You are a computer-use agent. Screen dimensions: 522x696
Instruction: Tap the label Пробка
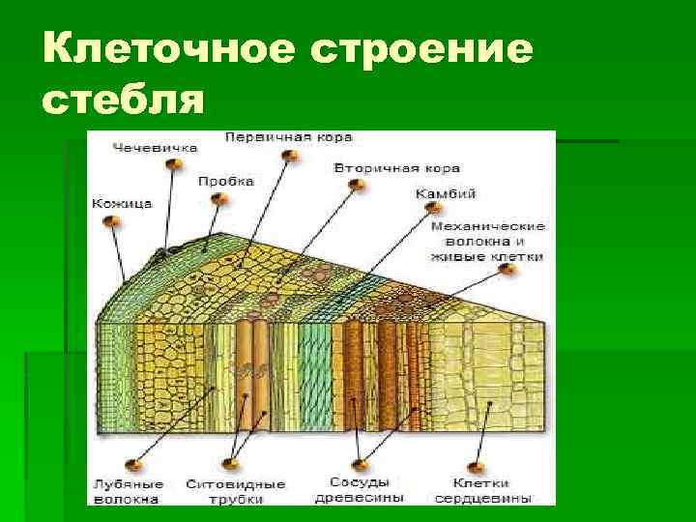226,181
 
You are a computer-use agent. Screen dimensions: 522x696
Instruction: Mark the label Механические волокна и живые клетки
487,242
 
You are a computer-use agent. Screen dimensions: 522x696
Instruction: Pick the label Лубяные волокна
126,491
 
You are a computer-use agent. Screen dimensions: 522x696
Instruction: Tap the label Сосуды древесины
359,489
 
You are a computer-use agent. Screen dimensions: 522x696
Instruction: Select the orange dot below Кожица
112,223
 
